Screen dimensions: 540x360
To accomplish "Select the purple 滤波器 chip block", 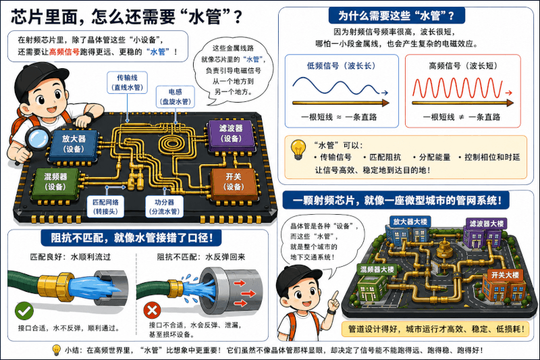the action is pyautogui.click(x=231, y=135).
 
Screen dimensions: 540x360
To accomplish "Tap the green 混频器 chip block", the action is pyautogui.click(x=55, y=183).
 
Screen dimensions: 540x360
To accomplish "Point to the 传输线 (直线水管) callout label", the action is pyautogui.click(x=127, y=82).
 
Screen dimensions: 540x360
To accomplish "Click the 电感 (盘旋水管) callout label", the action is pyautogui.click(x=175, y=97).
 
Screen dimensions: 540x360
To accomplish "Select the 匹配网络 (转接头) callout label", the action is pyautogui.click(x=105, y=207).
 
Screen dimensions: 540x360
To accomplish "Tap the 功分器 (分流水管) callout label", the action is pyautogui.click(x=164, y=207).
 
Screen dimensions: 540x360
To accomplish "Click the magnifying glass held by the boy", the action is pyautogui.click(x=38, y=138).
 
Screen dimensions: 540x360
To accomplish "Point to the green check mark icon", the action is pyautogui.click(x=24, y=311).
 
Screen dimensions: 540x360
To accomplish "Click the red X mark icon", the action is pyautogui.click(x=152, y=311).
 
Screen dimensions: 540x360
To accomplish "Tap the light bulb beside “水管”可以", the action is pyautogui.click(x=298, y=149).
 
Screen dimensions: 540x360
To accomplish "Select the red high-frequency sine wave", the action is pyautogui.click(x=458, y=88).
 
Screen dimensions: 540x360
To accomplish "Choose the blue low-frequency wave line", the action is pyautogui.click(x=336, y=86).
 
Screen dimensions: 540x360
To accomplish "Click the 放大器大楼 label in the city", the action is pyautogui.click(x=410, y=222).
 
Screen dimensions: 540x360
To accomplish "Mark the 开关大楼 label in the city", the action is pyautogui.click(x=505, y=275).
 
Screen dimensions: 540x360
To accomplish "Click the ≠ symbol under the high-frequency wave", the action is pyautogui.click(x=462, y=117).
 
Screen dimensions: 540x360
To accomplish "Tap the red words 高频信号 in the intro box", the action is pyautogui.click(x=64, y=52).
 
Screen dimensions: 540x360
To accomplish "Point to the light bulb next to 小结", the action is pyautogui.click(x=56, y=350).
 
